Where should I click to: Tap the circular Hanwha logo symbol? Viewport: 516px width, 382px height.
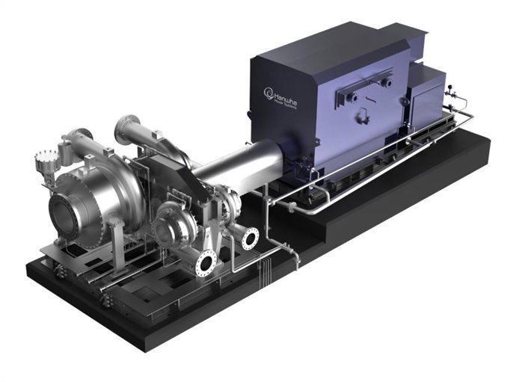pos(270,93)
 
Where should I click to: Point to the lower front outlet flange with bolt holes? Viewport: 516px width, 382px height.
pos(206,263)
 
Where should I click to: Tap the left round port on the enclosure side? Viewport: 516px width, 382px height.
pos(352,97)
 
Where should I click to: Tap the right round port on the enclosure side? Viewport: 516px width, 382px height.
pos(390,85)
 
